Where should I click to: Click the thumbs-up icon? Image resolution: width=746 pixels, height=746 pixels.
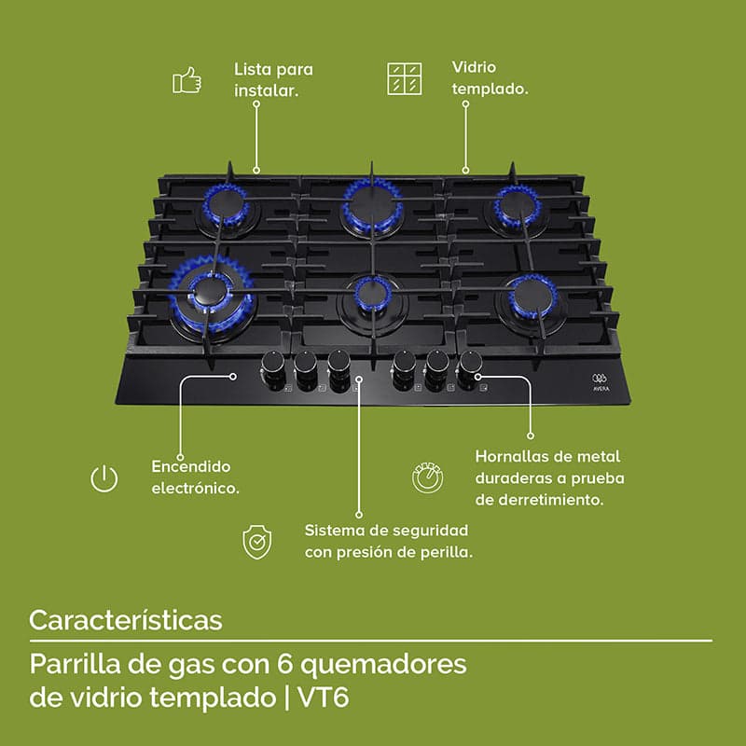pyautogui.click(x=187, y=80)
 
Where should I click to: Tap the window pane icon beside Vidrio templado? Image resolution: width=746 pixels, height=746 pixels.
pyautogui.click(x=405, y=78)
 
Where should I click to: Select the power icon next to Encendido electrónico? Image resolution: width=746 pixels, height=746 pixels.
pyautogui.click(x=104, y=478)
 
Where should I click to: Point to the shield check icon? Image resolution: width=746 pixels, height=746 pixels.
pyautogui.click(x=257, y=542)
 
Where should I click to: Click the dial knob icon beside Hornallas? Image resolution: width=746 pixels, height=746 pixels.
pyautogui.click(x=427, y=477)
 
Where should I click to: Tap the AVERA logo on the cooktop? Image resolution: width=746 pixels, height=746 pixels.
pyautogui.click(x=601, y=382)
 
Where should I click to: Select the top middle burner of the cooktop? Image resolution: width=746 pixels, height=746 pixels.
pyautogui.click(x=372, y=205)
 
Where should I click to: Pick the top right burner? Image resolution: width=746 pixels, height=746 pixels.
pyautogui.click(x=517, y=206)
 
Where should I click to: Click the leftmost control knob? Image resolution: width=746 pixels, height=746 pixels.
pyautogui.click(x=273, y=367)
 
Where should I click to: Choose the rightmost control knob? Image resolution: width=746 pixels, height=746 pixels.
pyautogui.click(x=470, y=366)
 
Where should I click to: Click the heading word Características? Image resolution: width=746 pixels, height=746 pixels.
pyautogui.click(x=126, y=620)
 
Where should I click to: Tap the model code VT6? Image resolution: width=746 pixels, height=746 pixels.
pyautogui.click(x=324, y=698)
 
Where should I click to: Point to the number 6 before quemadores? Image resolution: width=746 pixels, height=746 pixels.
pyautogui.click(x=284, y=664)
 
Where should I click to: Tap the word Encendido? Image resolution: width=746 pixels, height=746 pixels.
pyautogui.click(x=191, y=466)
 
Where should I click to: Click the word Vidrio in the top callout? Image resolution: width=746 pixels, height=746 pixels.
pyautogui.click(x=474, y=67)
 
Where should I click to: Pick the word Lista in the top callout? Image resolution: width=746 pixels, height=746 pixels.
pyautogui.click(x=253, y=69)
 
